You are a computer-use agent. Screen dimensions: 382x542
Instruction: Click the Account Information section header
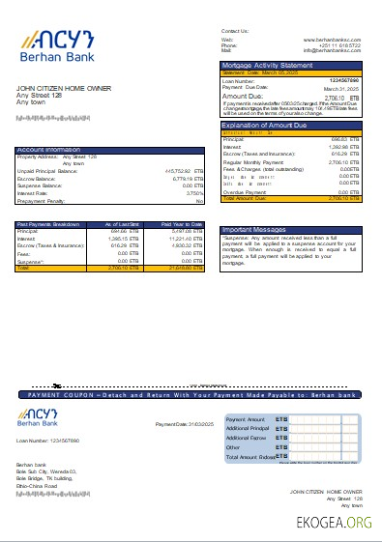[48, 150]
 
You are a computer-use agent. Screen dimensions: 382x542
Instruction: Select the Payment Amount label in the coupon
[246, 419]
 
